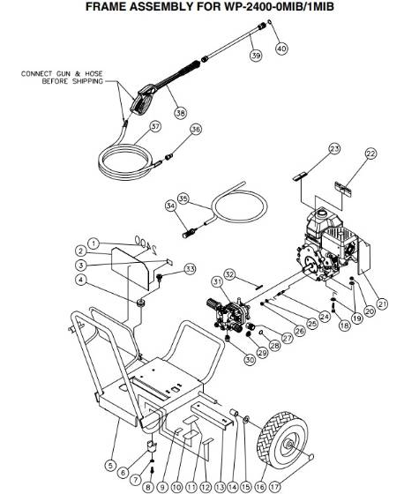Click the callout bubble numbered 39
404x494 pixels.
tap(256, 56)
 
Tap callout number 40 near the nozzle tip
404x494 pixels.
tap(281, 49)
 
